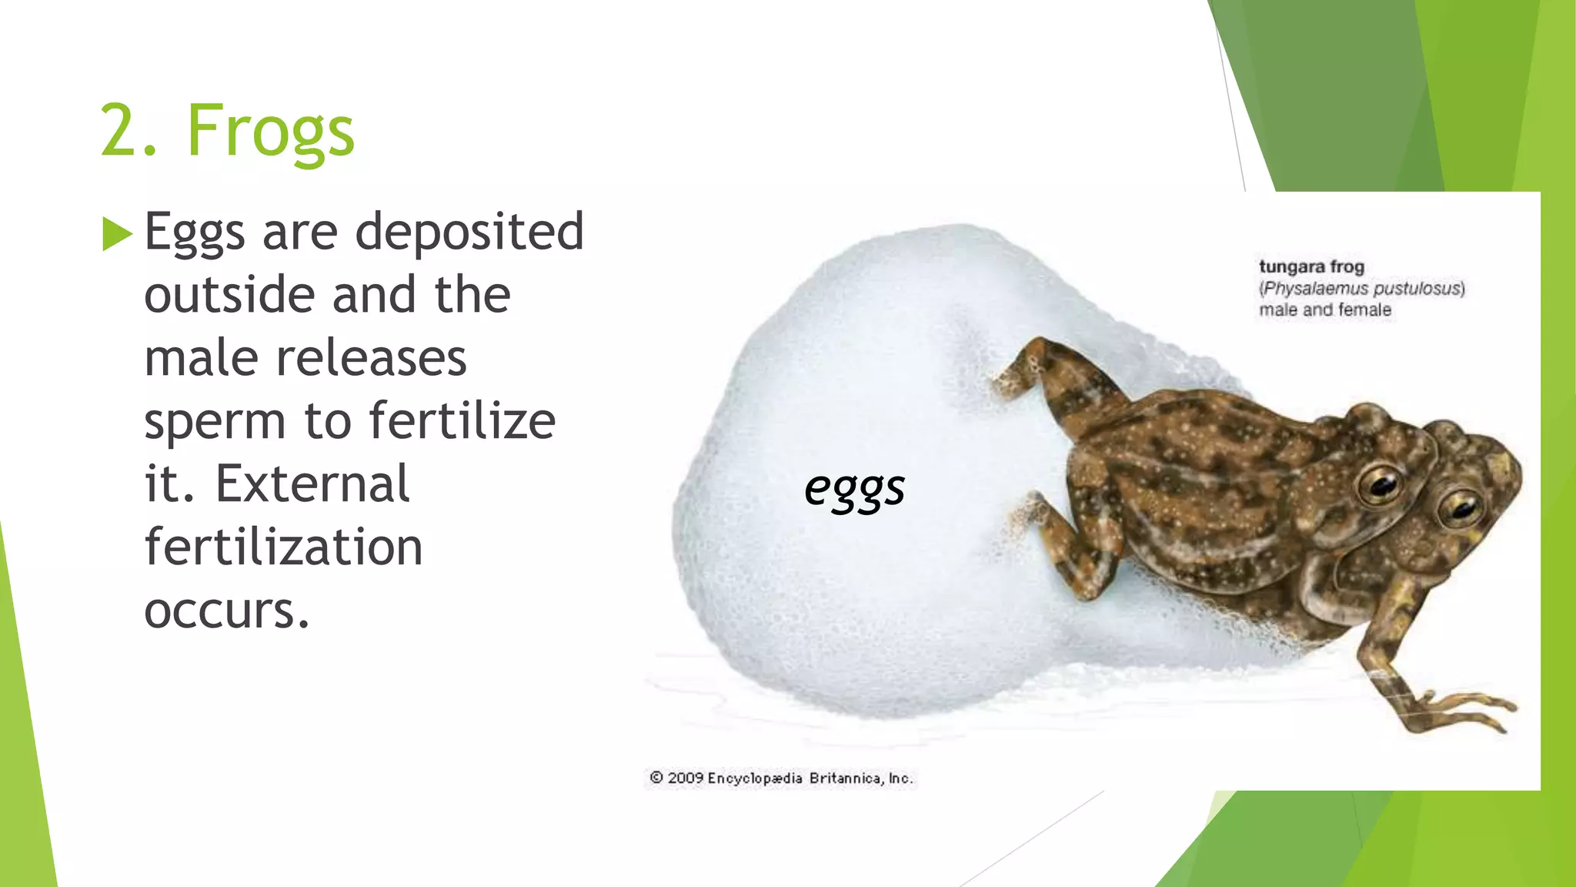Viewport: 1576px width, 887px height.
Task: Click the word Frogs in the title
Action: coord(270,131)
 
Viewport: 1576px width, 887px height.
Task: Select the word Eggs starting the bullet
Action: coord(194,233)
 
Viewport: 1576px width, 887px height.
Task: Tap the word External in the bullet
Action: coord(312,484)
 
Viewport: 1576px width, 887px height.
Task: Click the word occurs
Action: coord(226,611)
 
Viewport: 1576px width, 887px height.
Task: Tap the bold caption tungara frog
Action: coord(1311,267)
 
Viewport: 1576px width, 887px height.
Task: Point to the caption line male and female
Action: coord(1325,310)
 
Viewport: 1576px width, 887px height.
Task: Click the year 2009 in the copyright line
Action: coord(685,778)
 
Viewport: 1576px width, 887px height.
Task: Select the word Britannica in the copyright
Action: coord(845,778)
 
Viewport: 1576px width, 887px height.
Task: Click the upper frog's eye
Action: coord(1380,484)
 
